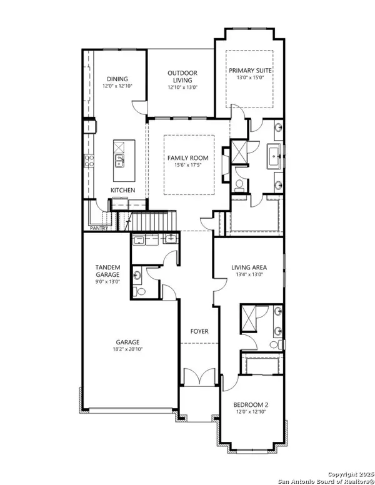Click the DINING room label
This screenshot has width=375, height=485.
(117, 79)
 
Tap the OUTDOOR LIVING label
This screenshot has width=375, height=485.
(182, 77)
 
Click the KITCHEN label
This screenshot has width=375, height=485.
(122, 189)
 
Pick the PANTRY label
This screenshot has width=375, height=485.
(98, 228)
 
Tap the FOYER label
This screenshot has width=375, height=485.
(199, 331)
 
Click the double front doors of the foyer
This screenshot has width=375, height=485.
(199, 377)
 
